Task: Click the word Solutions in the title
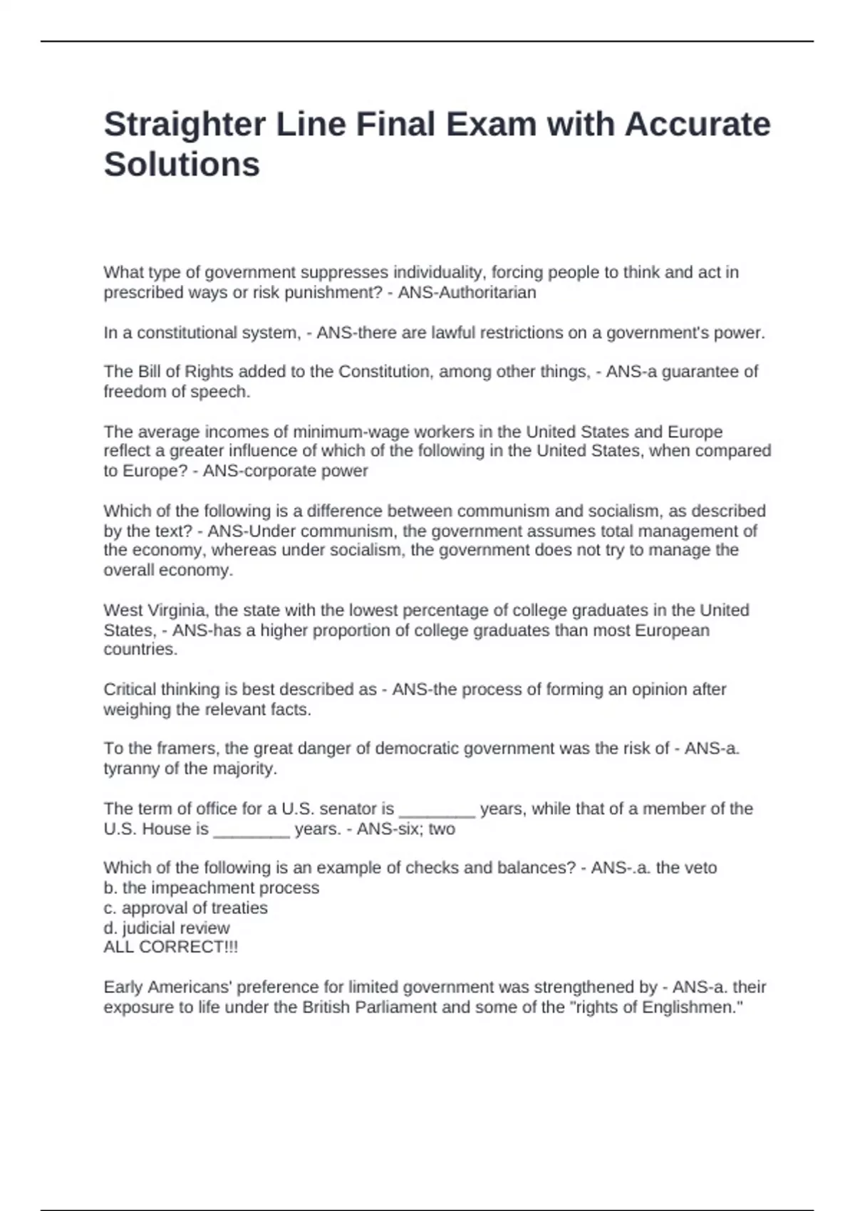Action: (182, 165)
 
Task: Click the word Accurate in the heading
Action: (698, 125)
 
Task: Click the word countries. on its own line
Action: (140, 650)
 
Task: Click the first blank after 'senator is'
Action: (437, 809)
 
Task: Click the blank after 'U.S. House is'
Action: (252, 829)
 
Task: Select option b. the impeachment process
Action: (211, 888)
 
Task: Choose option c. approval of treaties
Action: (185, 908)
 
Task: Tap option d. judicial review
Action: (166, 928)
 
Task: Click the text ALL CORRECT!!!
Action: (170, 947)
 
